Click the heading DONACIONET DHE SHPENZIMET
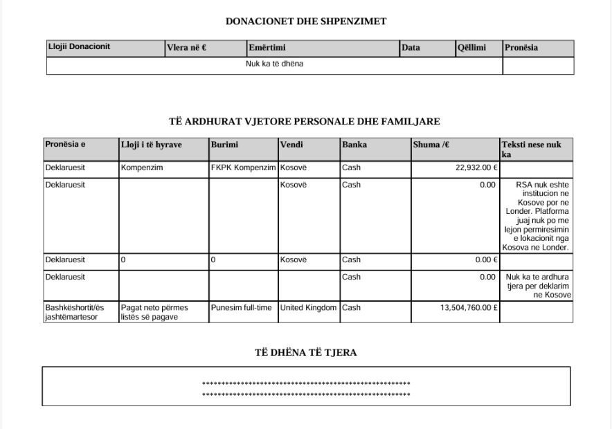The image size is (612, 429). pos(306,21)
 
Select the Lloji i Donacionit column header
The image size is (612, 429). pos(79,46)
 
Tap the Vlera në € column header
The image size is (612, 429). pos(187,48)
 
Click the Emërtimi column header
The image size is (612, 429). pos(268,48)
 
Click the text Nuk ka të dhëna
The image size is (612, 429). pos(276,64)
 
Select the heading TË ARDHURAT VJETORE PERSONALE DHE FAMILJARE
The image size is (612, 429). pos(305,121)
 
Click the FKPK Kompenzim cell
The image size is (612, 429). pos(243,167)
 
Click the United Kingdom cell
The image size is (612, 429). pos(308,307)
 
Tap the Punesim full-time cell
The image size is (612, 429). pos(242,307)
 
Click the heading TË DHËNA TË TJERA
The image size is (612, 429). pos(306,353)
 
